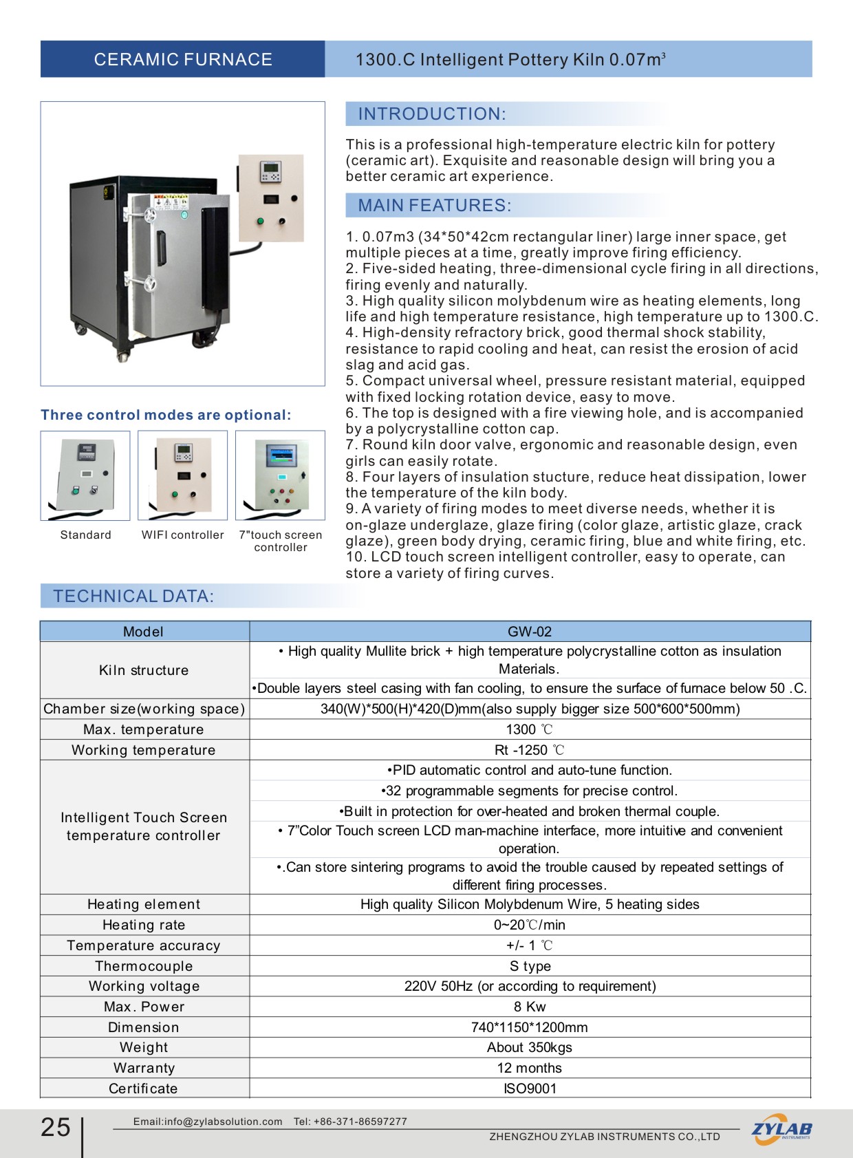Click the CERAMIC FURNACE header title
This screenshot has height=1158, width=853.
tap(183, 60)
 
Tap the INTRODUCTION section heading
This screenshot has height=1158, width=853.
tap(432, 114)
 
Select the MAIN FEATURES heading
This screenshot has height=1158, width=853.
tap(435, 206)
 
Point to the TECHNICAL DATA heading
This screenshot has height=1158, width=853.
tap(134, 597)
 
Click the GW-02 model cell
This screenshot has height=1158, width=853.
tap(530, 632)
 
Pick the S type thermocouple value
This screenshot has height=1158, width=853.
tap(530, 966)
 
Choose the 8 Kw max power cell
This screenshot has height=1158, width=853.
tap(530, 1007)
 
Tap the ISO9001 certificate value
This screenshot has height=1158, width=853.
tap(530, 1089)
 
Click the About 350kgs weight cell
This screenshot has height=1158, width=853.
tap(530, 1047)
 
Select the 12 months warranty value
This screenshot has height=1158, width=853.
tap(530, 1068)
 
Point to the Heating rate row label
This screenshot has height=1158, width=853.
tap(144, 925)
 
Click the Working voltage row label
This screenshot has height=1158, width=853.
tap(144, 986)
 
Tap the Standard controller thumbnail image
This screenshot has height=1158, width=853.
tap(85, 475)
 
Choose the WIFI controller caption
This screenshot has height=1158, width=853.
tap(183, 535)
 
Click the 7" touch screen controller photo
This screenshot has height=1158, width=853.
tap(280, 475)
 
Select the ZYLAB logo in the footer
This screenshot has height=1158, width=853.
tap(781, 1130)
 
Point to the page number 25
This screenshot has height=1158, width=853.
tap(56, 1127)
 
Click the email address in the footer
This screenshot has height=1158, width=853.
tap(208, 1122)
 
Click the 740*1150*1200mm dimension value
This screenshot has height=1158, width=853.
tap(530, 1027)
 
